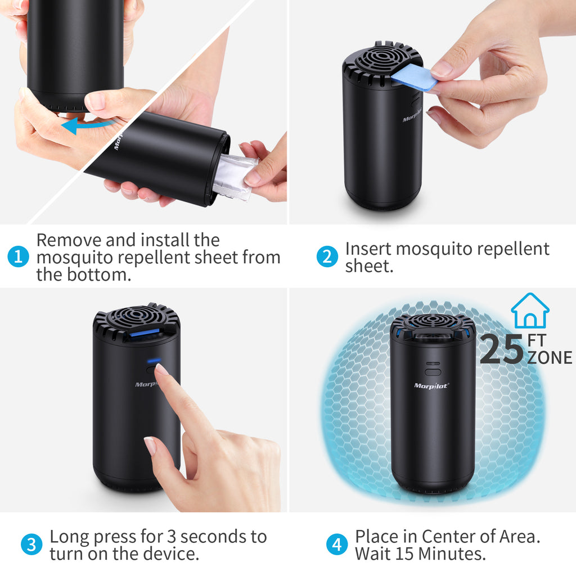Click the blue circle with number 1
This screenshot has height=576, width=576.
(18, 256)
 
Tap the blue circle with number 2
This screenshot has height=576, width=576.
(327, 256)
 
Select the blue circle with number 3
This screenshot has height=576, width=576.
(31, 544)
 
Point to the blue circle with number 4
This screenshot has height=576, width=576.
(337, 544)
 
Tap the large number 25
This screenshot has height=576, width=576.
(502, 349)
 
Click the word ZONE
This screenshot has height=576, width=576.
(550, 358)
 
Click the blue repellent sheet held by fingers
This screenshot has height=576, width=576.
(413, 78)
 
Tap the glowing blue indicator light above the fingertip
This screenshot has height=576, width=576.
(154, 361)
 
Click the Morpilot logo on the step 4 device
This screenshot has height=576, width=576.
(431, 386)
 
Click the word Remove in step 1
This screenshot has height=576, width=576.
(69, 240)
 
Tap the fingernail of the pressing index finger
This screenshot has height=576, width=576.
(161, 369)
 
